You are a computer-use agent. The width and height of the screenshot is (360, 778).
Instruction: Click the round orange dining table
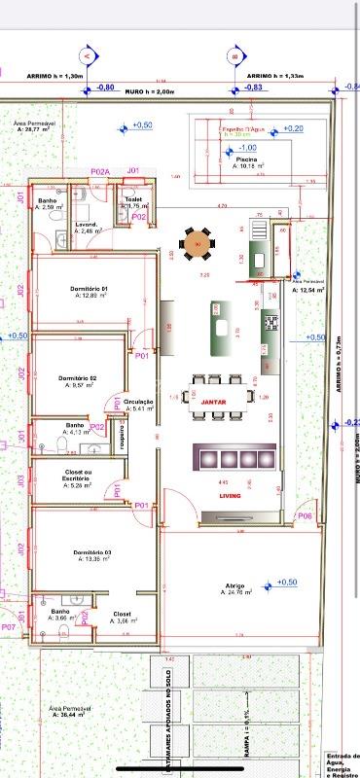pos(198,243)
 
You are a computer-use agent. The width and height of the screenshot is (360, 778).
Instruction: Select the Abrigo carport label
pos(234,586)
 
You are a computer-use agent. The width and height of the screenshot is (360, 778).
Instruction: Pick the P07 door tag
pos(8,627)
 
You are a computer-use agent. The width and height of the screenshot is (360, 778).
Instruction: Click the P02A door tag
pos(100,171)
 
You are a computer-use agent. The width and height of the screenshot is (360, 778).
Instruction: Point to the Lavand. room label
pos(89,225)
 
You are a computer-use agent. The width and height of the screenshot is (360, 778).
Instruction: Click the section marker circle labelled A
pos(87,56)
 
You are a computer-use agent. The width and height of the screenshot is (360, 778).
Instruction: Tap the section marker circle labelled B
pos(234,56)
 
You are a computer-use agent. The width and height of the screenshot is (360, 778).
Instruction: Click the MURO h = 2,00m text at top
pos(148,91)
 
